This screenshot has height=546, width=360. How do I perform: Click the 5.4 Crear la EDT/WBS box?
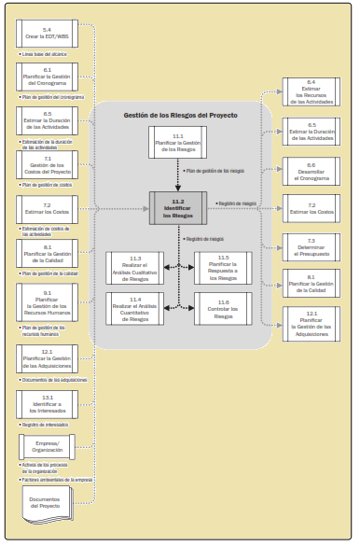click(x=47, y=35)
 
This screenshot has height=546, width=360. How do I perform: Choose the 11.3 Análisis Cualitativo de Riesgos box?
click(x=134, y=267)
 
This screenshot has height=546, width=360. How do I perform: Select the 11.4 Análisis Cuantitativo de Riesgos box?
click(x=134, y=310)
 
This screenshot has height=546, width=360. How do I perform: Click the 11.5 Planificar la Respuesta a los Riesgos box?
click(x=222, y=267)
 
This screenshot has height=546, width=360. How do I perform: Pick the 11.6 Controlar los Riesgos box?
click(x=222, y=310)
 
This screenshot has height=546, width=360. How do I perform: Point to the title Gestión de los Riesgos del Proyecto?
click(x=179, y=115)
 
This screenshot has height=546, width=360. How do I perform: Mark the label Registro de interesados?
click(x=45, y=424)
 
